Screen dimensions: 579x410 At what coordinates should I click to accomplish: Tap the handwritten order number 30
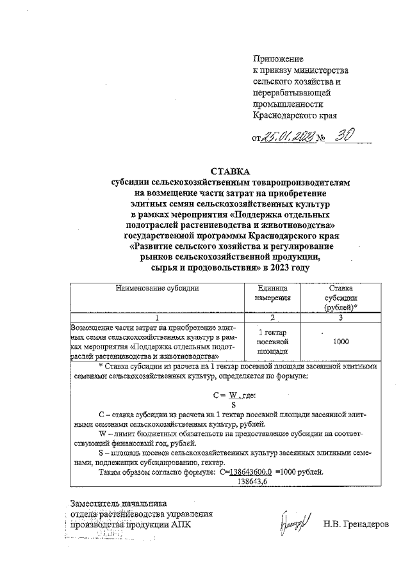(343, 136)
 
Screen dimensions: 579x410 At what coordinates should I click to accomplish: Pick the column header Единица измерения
(272, 293)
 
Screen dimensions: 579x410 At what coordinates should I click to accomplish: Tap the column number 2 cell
(272, 317)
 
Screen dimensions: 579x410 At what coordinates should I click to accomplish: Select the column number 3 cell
(341, 317)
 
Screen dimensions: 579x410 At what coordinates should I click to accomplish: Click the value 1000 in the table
(341, 342)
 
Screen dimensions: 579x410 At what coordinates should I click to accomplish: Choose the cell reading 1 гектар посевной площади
(272, 342)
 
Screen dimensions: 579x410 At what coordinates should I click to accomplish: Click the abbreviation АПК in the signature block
(180, 525)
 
